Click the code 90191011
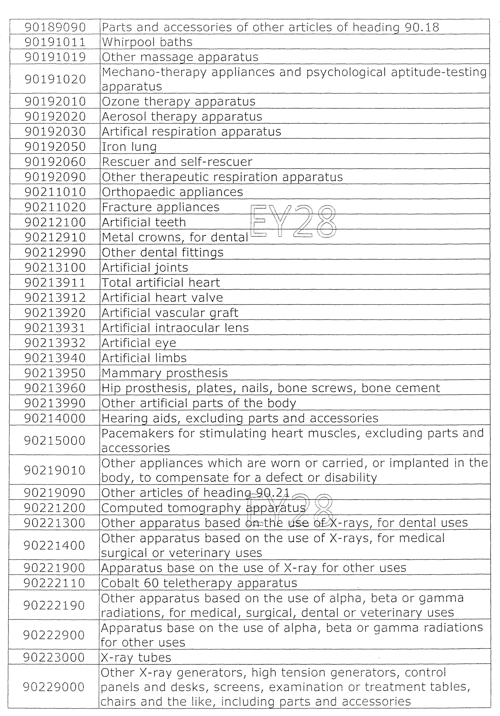55,42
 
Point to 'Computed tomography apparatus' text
203,508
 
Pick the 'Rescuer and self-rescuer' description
177,162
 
